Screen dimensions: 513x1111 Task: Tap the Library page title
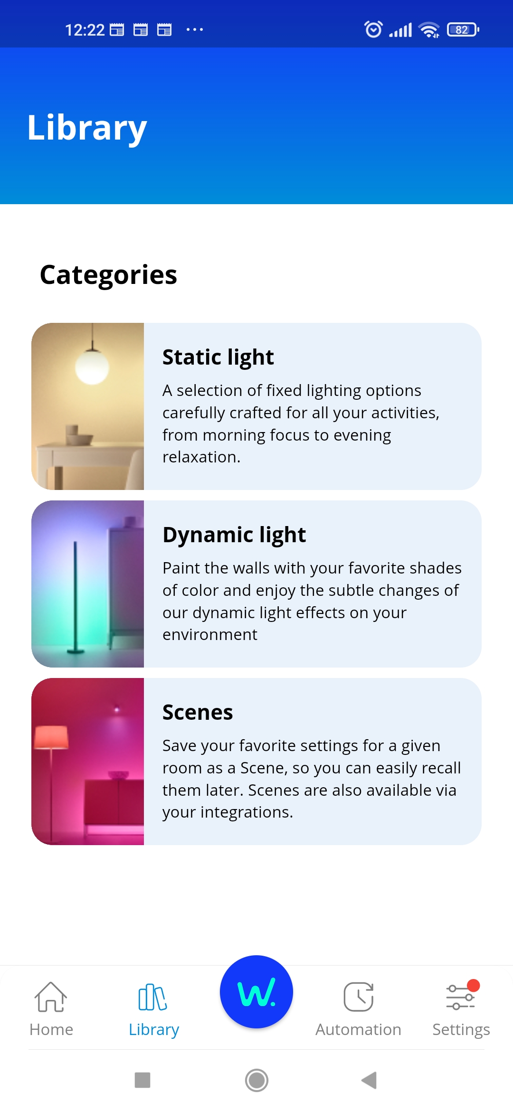pos(87,127)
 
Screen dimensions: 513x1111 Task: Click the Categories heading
pos(108,275)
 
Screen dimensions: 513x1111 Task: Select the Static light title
pos(218,357)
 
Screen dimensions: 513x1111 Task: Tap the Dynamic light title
pos(234,535)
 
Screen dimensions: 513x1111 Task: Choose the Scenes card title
pos(198,712)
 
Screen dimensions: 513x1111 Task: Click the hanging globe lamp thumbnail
pos(87,406)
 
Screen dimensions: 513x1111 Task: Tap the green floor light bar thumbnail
pos(87,584)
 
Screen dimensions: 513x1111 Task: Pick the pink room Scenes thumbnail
pos(87,762)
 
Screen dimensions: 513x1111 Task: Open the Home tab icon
pos(51,997)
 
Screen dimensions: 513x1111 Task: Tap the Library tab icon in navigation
pos(152,997)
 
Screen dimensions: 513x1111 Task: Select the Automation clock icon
pos(359,997)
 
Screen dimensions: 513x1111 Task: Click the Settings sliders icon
pos(460,997)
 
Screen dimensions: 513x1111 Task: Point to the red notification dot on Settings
pos(473,985)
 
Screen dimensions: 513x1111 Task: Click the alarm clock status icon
pos(373,29)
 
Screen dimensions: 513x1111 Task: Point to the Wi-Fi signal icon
pos(429,30)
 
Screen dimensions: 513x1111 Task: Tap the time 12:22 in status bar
pos(85,30)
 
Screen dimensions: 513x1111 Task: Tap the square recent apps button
pos(142,1080)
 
